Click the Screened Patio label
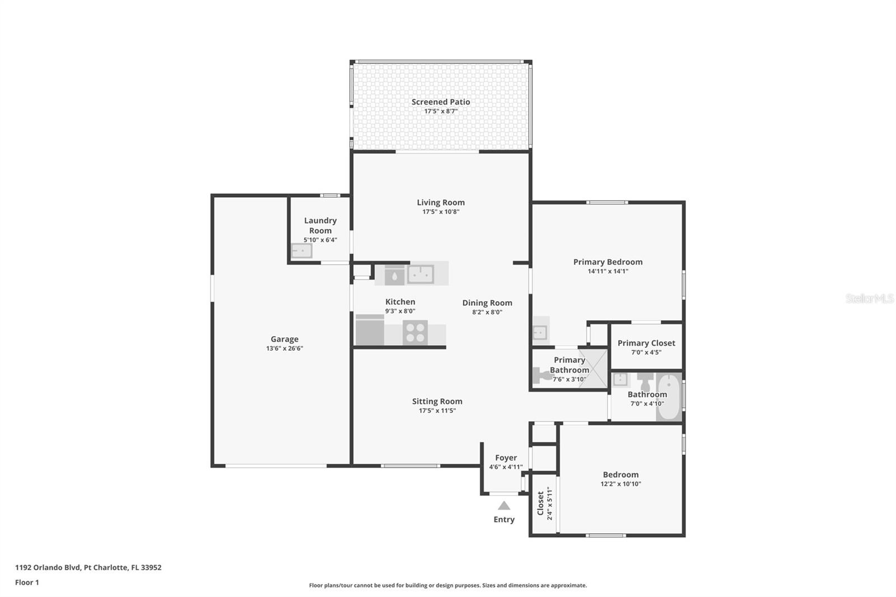(441, 102)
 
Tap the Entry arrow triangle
(504, 505)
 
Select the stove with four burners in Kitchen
(415, 333)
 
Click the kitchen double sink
(421, 274)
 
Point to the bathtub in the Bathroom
(669, 397)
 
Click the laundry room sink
(301, 250)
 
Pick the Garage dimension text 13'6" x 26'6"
(284, 348)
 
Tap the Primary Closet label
(646, 343)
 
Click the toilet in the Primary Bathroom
(541, 375)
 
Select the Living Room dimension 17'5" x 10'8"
(441, 212)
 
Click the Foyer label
(506, 458)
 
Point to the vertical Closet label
(540, 503)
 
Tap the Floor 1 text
(27, 582)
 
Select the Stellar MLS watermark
(869, 298)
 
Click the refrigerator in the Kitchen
(370, 330)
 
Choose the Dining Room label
(487, 303)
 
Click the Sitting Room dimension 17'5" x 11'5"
(437, 411)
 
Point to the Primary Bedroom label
(608, 262)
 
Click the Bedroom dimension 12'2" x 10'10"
(620, 484)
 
